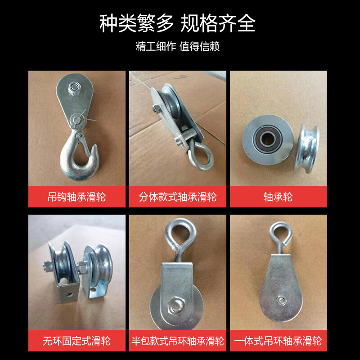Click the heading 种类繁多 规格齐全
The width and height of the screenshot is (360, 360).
(x=177, y=24)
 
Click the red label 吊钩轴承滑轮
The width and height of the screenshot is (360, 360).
(x=76, y=197)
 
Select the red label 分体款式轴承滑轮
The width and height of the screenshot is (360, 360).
(x=177, y=197)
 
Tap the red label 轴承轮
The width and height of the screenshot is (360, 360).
(x=278, y=197)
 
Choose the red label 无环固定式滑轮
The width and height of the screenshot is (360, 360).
(x=76, y=341)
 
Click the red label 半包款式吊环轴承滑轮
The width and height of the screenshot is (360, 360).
(x=177, y=341)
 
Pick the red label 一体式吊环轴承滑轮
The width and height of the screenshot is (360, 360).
(x=278, y=341)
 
